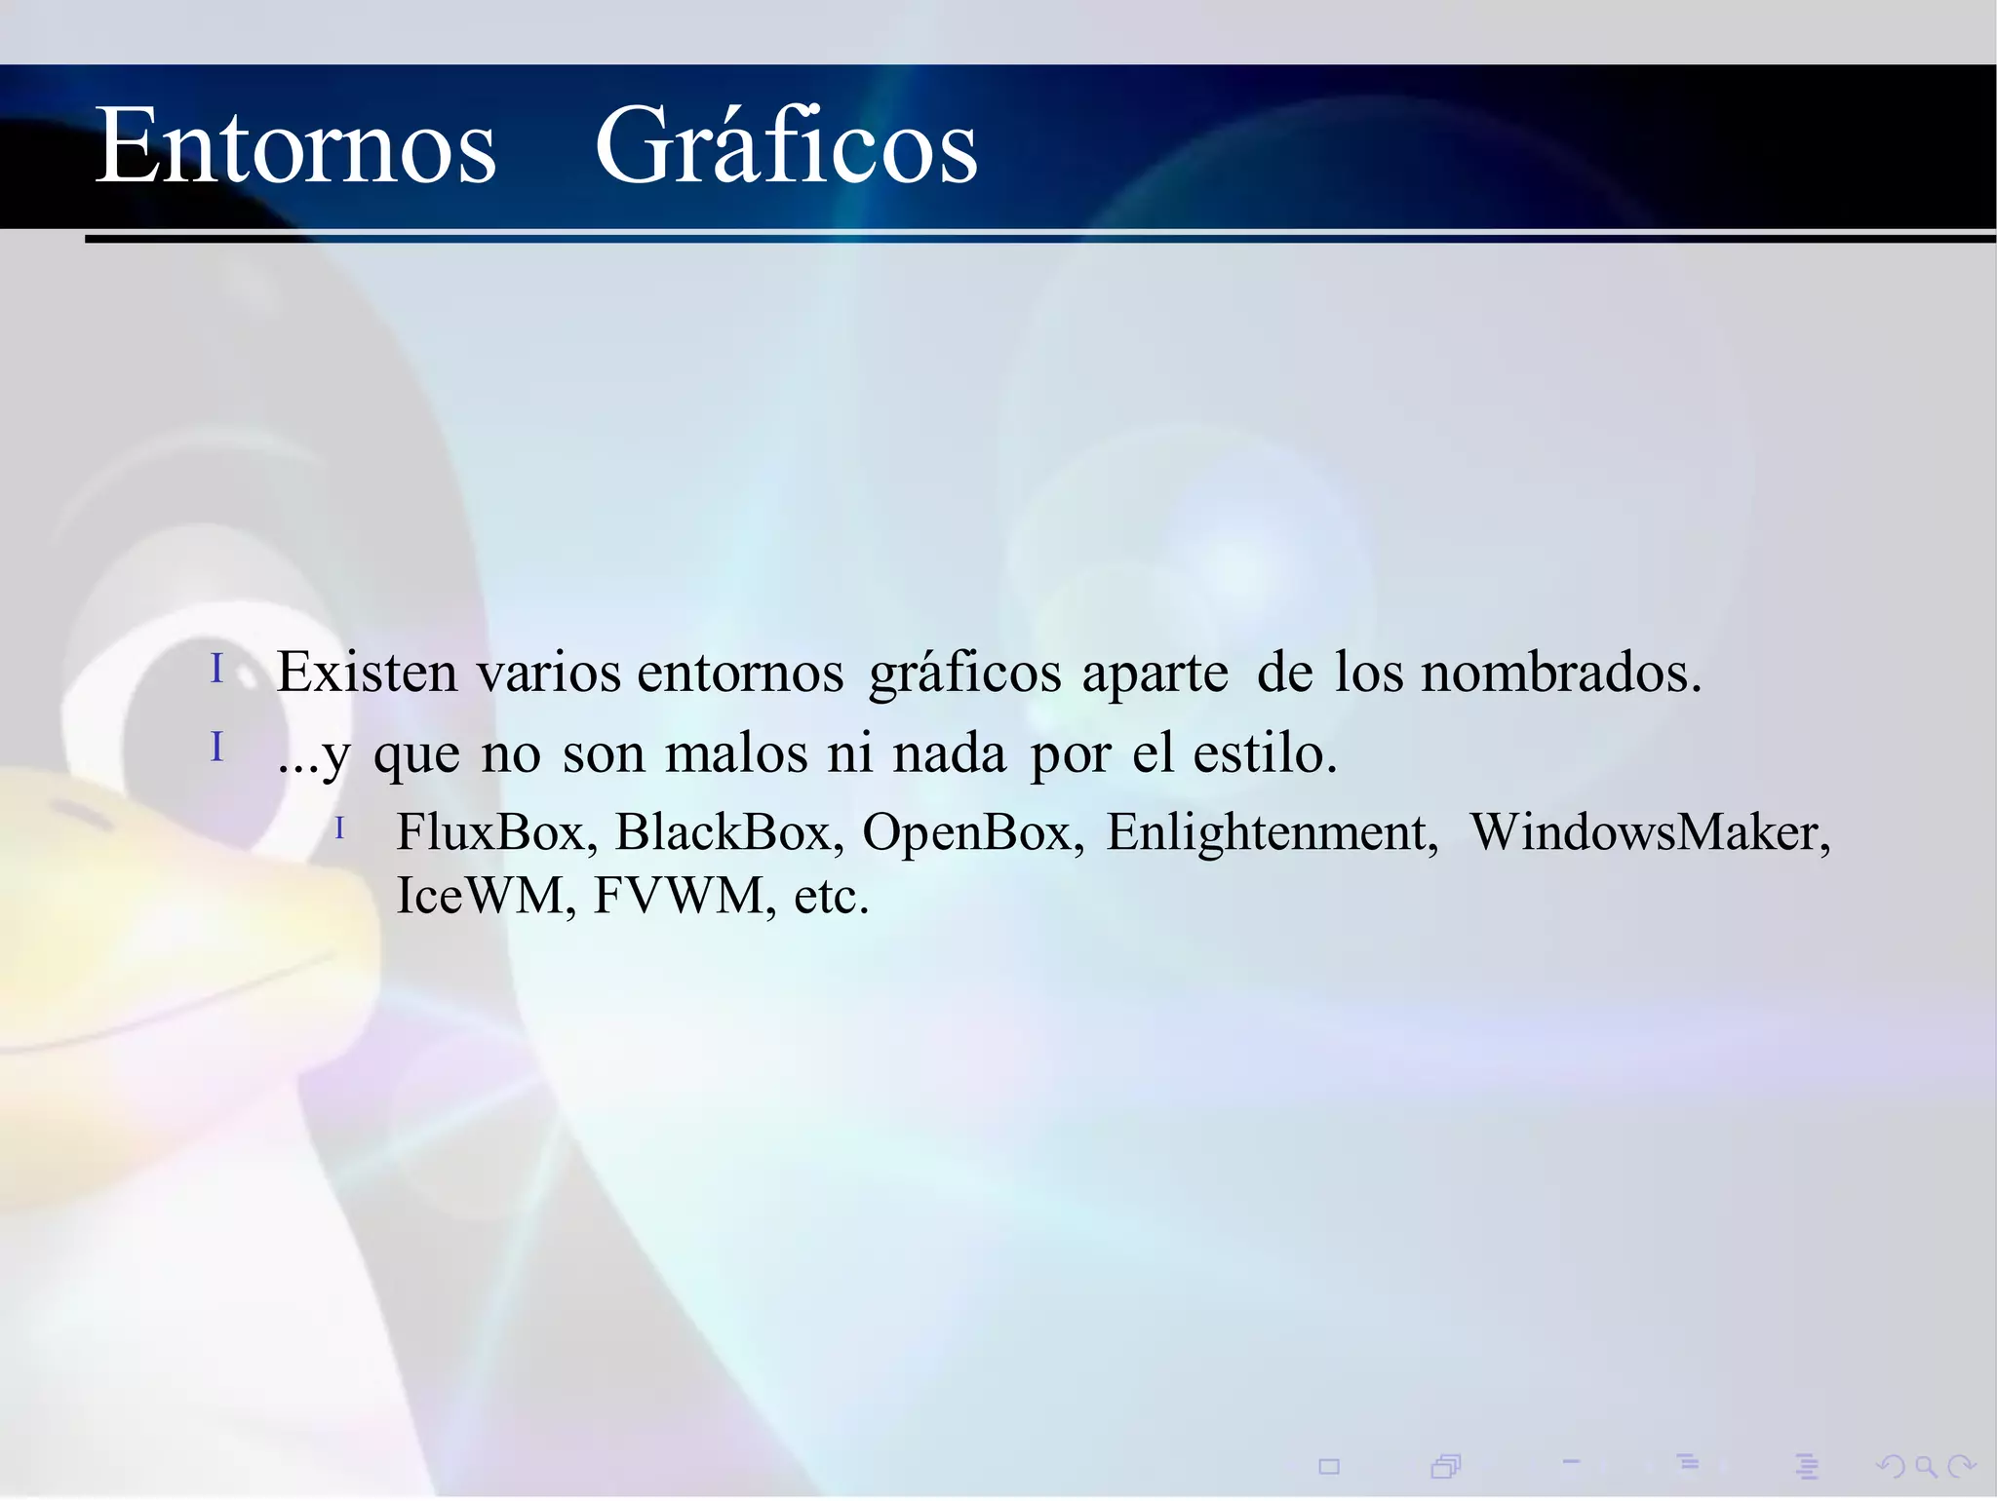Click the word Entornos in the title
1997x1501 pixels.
(295, 147)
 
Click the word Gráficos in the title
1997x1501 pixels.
(786, 147)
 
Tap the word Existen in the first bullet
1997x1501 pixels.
(367, 673)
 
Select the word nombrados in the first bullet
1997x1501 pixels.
(1560, 673)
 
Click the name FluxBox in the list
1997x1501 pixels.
(496, 832)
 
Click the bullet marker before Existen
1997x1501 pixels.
(217, 669)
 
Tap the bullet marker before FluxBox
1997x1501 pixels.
(339, 828)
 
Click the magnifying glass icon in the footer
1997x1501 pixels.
(1926, 1466)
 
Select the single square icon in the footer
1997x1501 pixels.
(1329, 1466)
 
